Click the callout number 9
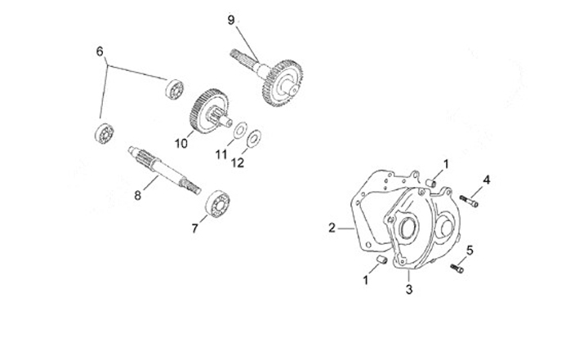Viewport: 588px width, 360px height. pyautogui.click(x=230, y=19)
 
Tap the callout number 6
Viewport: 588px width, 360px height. pyautogui.click(x=100, y=51)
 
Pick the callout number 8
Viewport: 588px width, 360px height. pyautogui.click(x=138, y=195)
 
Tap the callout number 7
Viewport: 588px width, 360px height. pyautogui.click(x=194, y=229)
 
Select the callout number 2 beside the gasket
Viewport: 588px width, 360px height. pyautogui.click(x=332, y=228)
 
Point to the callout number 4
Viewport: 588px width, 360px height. pyautogui.click(x=487, y=179)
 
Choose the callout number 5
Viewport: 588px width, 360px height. pyautogui.click(x=470, y=249)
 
